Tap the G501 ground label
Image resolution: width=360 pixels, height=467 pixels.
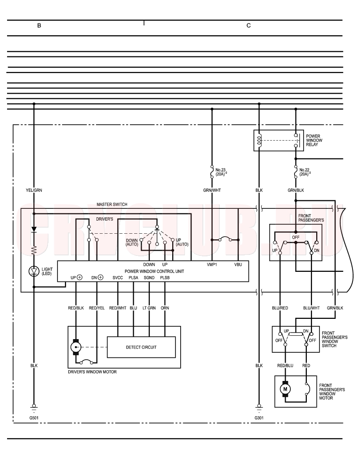(34, 418)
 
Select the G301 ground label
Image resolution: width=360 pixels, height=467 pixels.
(259, 418)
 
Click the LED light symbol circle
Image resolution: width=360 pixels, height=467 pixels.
(34, 271)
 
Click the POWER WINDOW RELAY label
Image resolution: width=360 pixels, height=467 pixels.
(314, 140)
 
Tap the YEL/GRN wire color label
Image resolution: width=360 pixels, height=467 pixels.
(34, 190)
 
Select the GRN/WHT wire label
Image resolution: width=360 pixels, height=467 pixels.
(212, 190)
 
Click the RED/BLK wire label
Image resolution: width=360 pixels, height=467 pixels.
(76, 308)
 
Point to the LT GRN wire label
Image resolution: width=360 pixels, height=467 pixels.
(149, 308)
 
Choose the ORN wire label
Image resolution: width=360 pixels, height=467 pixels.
(165, 308)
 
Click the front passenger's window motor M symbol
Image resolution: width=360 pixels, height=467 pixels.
(285, 389)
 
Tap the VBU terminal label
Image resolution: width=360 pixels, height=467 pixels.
(238, 264)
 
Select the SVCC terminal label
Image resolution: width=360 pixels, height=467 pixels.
(118, 277)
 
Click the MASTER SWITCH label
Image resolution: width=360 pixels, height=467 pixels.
(112, 204)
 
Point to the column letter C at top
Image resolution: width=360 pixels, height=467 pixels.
(248, 25)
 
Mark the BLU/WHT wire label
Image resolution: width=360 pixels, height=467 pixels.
(311, 308)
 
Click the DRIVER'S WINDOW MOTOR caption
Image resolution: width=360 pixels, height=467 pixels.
(92, 372)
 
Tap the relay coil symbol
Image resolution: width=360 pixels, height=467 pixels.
(259, 140)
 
